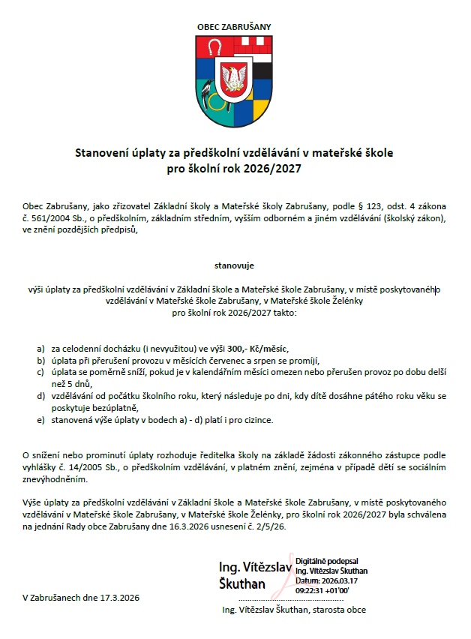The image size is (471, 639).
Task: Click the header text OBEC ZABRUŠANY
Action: click(234, 26)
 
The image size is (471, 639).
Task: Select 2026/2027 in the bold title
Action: click(275, 169)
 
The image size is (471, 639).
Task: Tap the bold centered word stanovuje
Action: click(234, 265)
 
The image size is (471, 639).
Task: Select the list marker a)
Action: click(40, 349)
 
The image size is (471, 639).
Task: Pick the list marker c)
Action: click(40, 372)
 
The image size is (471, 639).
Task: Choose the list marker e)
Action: click(40, 420)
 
